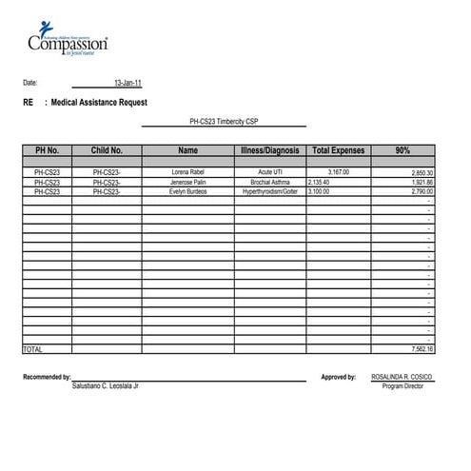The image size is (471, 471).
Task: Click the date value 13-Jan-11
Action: pos(128,83)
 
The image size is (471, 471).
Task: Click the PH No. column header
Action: pos(47,150)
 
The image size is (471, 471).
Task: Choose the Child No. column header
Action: pos(107,150)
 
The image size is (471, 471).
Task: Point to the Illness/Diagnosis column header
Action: pos(270,150)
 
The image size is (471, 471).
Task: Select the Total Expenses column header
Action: pos(339,150)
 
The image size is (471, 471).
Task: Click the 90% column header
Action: pos(402,150)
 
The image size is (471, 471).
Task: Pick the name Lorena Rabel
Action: pos(187,172)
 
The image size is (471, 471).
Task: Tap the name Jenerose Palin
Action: pos(187,182)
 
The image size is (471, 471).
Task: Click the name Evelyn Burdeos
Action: pos(187,191)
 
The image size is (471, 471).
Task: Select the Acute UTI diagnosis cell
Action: pos(270,172)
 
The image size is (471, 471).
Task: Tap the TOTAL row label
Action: pos(32,349)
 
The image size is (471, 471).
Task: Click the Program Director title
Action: pos(401,386)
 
